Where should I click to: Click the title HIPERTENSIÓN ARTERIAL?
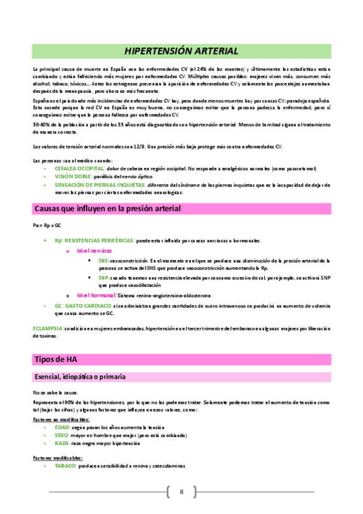point(181,51)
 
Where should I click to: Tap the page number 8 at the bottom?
point(181,492)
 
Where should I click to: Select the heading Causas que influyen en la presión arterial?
point(107,209)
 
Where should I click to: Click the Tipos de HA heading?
point(56,359)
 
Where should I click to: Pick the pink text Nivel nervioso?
point(94,250)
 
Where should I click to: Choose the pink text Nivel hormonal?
point(96,295)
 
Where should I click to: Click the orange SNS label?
point(104,260)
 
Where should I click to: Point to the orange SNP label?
point(104,277)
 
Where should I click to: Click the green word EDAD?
point(62,427)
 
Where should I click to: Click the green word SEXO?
point(62,435)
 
